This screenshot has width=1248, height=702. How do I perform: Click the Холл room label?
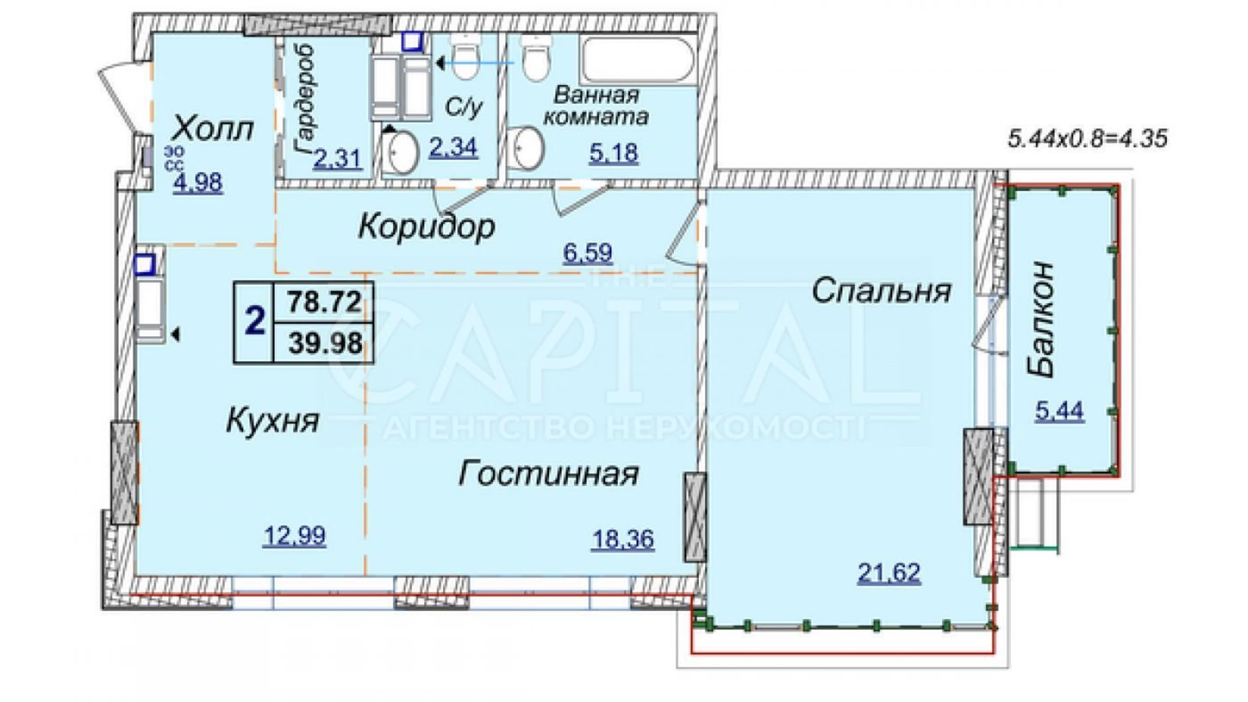click(213, 128)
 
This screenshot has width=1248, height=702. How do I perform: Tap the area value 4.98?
click(198, 183)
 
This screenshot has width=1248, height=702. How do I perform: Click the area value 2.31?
click(338, 159)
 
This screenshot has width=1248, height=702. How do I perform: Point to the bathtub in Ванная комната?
click(637, 60)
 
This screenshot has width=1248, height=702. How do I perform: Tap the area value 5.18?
click(613, 153)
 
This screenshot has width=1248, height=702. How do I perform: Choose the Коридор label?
click(426, 226)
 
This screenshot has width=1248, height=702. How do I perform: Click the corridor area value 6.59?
click(588, 252)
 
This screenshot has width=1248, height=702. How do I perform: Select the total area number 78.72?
click(324, 301)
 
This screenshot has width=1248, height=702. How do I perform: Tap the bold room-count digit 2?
click(254, 321)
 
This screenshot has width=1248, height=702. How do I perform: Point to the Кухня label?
click(272, 421)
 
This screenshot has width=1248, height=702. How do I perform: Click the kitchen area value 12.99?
click(294, 536)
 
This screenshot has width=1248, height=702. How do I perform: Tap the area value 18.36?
click(623, 539)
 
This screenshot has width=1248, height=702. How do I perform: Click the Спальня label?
click(881, 291)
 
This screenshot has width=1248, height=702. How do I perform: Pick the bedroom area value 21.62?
click(888, 573)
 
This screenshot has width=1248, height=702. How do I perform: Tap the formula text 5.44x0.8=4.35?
click(1087, 138)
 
